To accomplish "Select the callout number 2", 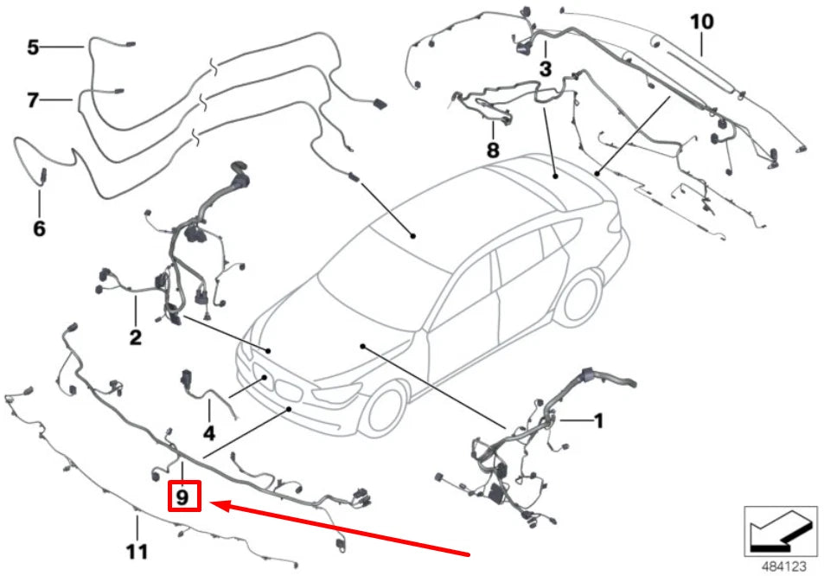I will pyautogui.click(x=136, y=337).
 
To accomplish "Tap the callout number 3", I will pyautogui.click(x=545, y=67).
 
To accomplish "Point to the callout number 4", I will pyautogui.click(x=208, y=432).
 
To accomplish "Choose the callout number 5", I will pyautogui.click(x=33, y=47).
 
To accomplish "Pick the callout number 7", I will pyautogui.click(x=33, y=100).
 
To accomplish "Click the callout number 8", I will pyautogui.click(x=492, y=150).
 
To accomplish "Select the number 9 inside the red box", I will pyautogui.click(x=182, y=497).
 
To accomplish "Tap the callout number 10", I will pyautogui.click(x=702, y=20).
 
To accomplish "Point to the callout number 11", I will pyautogui.click(x=137, y=551).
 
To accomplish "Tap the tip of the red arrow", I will pyautogui.click(x=214, y=502).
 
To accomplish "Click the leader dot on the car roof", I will pyautogui.click(x=414, y=235).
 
